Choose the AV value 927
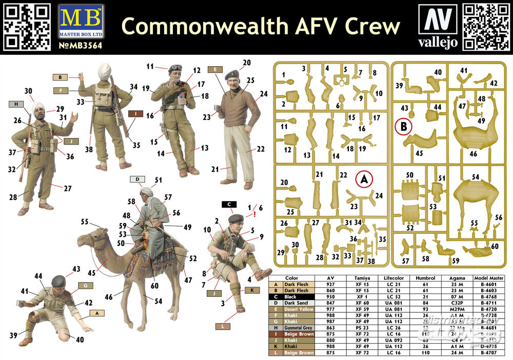coord(332,283)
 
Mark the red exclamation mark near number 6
coord(254,215)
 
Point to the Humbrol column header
coord(424,278)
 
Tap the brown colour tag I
coord(135,113)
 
